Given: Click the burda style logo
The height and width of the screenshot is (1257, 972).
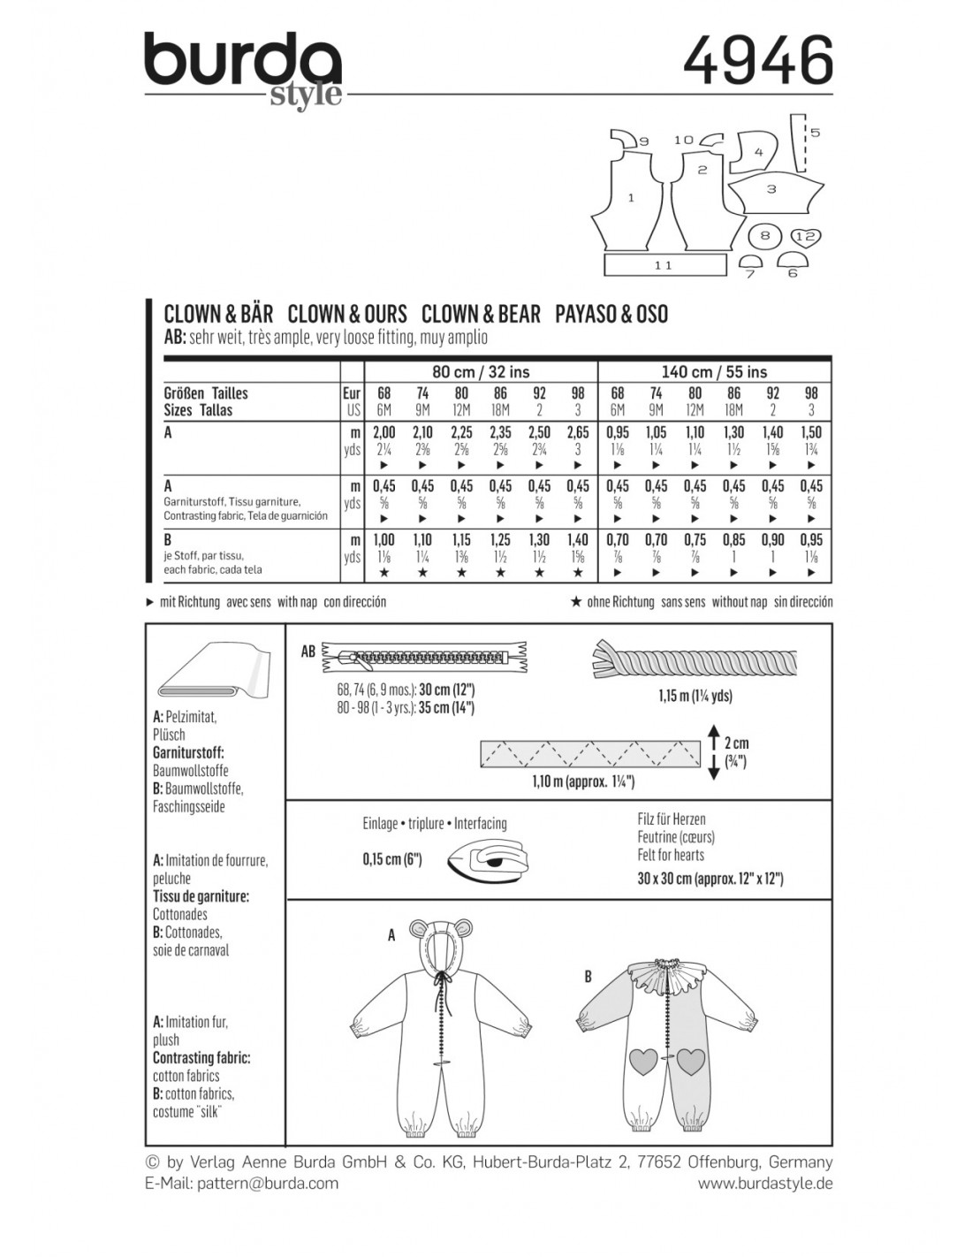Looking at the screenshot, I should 243,70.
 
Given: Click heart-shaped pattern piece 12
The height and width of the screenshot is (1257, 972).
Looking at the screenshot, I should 804,237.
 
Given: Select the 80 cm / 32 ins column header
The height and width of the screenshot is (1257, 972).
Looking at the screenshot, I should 481,372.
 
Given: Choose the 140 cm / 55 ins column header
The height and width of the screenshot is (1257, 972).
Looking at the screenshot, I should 715,372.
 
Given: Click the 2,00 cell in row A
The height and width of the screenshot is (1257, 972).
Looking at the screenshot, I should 383,432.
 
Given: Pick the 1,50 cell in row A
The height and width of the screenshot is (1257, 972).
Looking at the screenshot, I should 811,432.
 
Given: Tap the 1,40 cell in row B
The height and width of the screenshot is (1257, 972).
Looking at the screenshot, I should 578,540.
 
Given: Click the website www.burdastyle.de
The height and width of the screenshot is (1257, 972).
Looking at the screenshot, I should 765,1183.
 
